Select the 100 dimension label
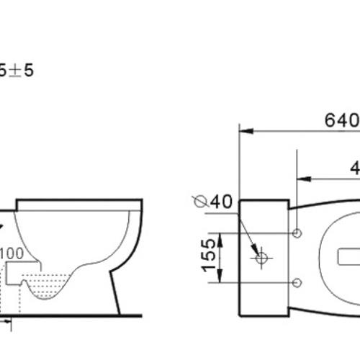tap(12, 253)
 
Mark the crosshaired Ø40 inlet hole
tap(261, 257)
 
